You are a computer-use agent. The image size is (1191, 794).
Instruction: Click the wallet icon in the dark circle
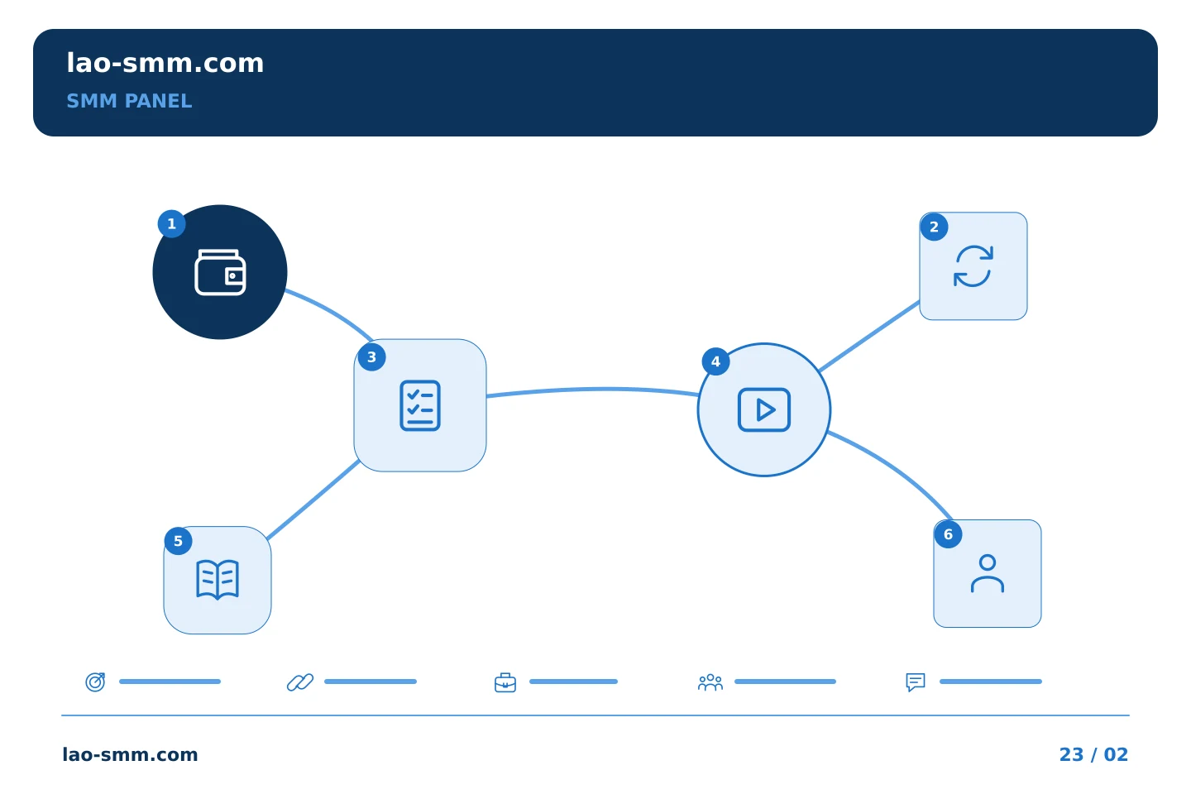coord(220,272)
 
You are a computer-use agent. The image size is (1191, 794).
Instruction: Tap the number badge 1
coord(172,224)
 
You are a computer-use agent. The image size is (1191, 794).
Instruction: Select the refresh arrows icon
coord(973,266)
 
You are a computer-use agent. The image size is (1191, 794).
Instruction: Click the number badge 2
coord(935,227)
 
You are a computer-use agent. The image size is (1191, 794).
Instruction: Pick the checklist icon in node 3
coord(420,405)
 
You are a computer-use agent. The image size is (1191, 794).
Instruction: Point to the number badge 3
coord(371,357)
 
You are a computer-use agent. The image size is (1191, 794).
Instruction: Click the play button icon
coord(764,409)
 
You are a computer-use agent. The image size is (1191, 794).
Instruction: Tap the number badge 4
coord(715,361)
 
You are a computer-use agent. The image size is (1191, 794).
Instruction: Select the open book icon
coord(218,580)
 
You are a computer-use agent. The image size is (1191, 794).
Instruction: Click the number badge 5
coord(178,542)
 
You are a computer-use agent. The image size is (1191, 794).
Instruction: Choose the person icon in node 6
coord(988,573)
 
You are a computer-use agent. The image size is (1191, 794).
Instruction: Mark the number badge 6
coord(948,534)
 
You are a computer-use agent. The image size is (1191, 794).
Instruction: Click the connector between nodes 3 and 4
coord(593,390)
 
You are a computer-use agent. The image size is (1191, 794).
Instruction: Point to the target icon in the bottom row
coord(96,682)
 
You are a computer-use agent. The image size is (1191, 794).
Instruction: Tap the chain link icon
coord(300,682)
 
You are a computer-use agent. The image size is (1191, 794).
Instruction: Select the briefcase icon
coord(505,682)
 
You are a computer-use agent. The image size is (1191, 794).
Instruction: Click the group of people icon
coord(710,682)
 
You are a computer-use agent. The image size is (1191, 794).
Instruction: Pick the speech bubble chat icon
coord(916,682)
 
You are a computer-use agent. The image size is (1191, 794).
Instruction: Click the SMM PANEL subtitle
coord(129,101)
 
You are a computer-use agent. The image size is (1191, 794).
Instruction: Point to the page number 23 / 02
coord(1093,754)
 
